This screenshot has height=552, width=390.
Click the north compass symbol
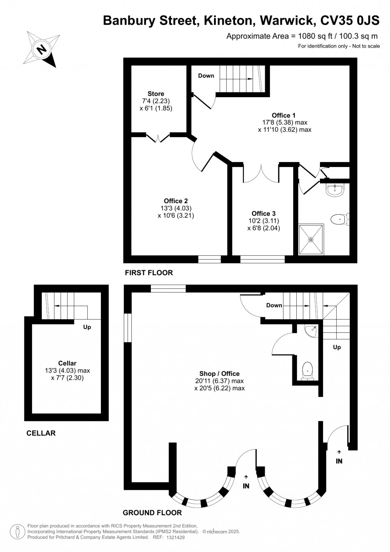click(42, 49)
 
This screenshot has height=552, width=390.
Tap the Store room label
click(156, 94)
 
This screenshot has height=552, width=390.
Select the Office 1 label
click(283, 116)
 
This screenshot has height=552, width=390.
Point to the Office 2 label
click(176, 201)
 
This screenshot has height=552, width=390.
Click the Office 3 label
click(264, 214)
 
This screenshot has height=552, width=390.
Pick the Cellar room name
click(67, 364)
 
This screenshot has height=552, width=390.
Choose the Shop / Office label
click(219, 374)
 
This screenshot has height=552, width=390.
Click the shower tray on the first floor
click(311, 239)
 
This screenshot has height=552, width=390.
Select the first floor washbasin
click(335, 189)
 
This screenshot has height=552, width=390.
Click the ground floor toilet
click(307, 371)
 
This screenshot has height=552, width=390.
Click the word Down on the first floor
click(206, 76)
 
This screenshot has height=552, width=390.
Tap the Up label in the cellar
click(87, 327)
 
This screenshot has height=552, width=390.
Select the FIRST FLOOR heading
click(149, 273)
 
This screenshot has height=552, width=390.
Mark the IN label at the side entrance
click(339, 461)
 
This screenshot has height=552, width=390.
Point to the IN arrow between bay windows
click(246, 477)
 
